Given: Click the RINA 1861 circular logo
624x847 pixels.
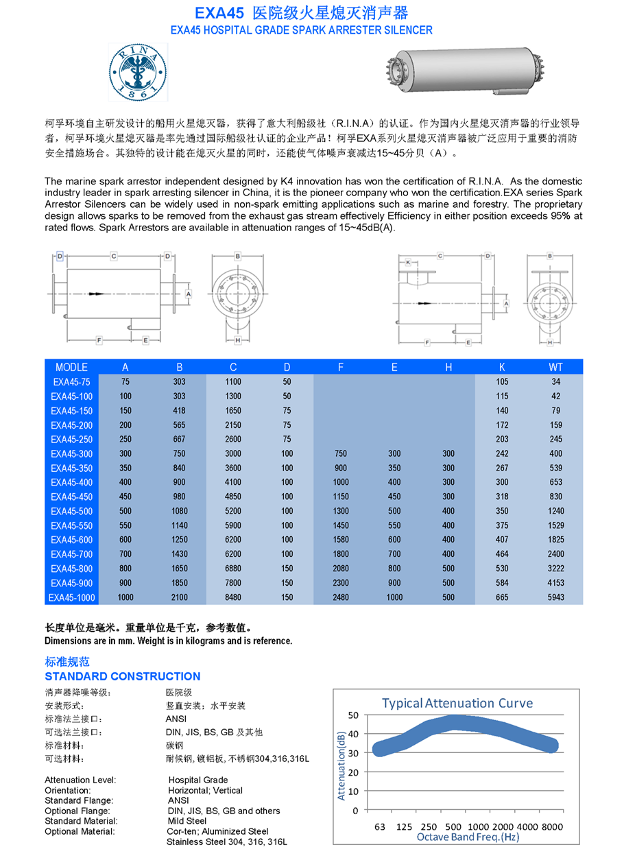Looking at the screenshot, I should [138, 71].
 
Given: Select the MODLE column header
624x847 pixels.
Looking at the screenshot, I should [71, 368].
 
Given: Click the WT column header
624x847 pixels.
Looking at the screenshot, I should [555, 368].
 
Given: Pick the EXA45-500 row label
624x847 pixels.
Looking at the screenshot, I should [71, 511].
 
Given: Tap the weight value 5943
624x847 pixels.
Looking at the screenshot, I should [555, 597].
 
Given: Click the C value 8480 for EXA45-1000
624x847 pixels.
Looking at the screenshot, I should [233, 597].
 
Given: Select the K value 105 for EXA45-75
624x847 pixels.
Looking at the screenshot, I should [502, 382].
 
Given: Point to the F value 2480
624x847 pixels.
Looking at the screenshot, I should [341, 597].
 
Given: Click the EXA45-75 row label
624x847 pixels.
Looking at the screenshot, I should [71, 382].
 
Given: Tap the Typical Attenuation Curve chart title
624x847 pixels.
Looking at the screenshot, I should [457, 703].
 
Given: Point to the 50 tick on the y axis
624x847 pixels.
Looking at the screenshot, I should [353, 715].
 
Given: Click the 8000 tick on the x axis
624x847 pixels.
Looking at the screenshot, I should [552, 827].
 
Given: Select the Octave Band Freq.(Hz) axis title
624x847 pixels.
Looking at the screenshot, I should [468, 837].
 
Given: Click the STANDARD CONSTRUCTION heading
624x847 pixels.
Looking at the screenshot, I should [122, 676].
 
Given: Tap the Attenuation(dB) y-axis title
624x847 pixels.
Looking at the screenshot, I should [341, 766].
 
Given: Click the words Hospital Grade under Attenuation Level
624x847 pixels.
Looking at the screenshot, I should [198, 780].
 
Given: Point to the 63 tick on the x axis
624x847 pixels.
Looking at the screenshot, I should [380, 827].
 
